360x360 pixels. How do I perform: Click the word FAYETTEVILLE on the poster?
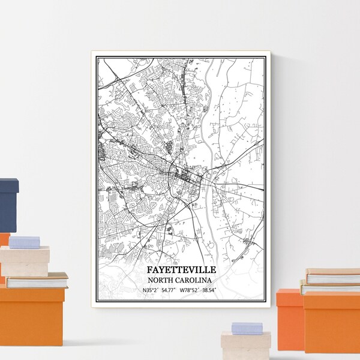coord(179,271)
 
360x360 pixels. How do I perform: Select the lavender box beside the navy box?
coord(25,242)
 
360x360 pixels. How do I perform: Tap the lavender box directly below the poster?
coord(247,328)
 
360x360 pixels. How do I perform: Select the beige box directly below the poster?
coord(245,346)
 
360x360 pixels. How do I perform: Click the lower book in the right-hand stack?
coord(330,288)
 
